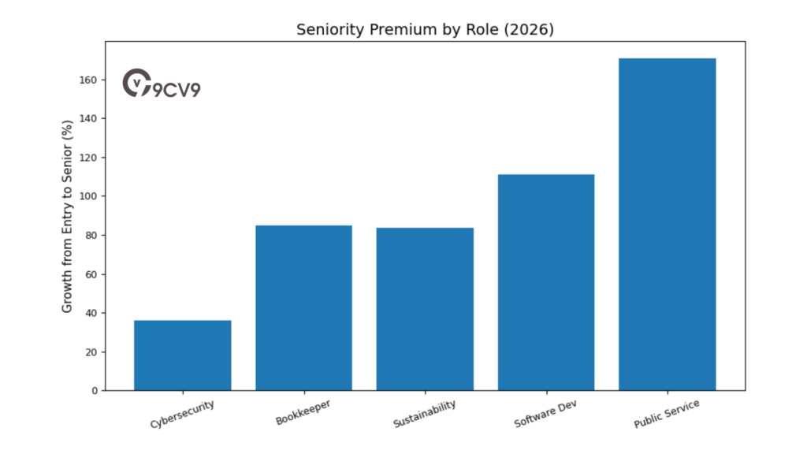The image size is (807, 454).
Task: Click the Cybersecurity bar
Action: pos(182,355)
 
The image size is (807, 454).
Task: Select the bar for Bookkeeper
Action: pos(303,307)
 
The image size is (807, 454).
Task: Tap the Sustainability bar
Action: pos(425,309)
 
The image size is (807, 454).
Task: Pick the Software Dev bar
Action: pos(546,282)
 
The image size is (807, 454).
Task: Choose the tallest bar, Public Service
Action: pos(667,224)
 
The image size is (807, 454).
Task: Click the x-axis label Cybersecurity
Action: pos(182,413)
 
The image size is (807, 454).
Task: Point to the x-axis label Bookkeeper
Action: pos(303,412)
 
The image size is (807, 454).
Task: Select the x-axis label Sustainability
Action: pos(424,415)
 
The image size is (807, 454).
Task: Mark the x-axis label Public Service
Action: pos(666,415)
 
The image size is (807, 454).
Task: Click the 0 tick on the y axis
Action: pos(93,391)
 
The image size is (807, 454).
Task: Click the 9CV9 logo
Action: pos(162,84)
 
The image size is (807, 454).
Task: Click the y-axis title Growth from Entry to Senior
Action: pos(68,216)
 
